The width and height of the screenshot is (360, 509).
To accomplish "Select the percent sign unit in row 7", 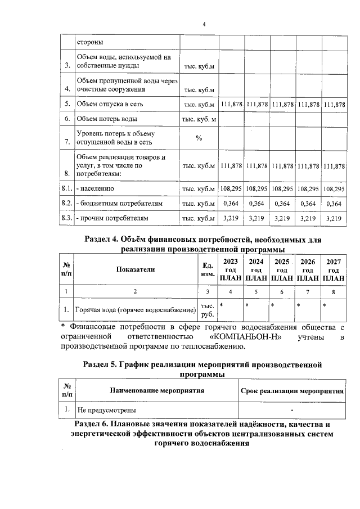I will click(199, 139).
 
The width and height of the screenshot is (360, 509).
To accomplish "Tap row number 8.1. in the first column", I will click(67, 188).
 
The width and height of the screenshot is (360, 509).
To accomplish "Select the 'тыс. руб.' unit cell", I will click(206, 309).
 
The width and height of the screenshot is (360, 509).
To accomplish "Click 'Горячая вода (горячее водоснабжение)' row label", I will click(133, 310).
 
